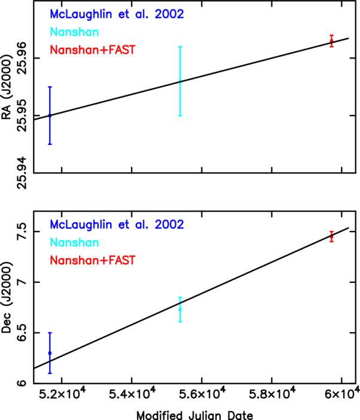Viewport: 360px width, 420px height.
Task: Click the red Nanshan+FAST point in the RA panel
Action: (x=332, y=41)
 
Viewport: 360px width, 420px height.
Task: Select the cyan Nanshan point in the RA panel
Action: (x=180, y=81)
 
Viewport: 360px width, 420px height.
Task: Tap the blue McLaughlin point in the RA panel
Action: (x=50, y=115)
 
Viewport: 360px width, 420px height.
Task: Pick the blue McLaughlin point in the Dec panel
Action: (x=50, y=353)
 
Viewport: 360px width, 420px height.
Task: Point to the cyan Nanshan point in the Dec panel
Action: (x=180, y=309)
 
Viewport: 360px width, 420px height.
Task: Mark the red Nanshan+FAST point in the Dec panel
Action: (x=332, y=236)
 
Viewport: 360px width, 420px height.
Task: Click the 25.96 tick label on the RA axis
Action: (x=22, y=58)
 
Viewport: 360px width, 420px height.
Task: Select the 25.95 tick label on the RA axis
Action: (x=22, y=115)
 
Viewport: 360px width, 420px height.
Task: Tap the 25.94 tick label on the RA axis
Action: (x=22, y=173)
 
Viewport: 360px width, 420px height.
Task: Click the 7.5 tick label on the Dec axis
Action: (x=22, y=232)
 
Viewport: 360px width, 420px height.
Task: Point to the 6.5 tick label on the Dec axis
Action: (x=22, y=333)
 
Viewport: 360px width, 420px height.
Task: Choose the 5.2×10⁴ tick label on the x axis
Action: (x=62, y=393)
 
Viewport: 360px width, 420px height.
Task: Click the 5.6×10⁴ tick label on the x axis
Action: (x=202, y=393)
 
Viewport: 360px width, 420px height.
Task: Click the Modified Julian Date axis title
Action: (x=195, y=415)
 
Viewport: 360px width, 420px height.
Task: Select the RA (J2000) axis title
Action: (x=7, y=87)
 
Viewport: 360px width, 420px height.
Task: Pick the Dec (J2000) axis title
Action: (x=7, y=297)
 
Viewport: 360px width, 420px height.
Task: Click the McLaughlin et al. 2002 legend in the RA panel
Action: (x=117, y=14)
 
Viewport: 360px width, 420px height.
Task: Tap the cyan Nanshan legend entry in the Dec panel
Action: (x=74, y=242)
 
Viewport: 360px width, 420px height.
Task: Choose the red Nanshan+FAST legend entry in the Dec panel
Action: (x=93, y=260)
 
